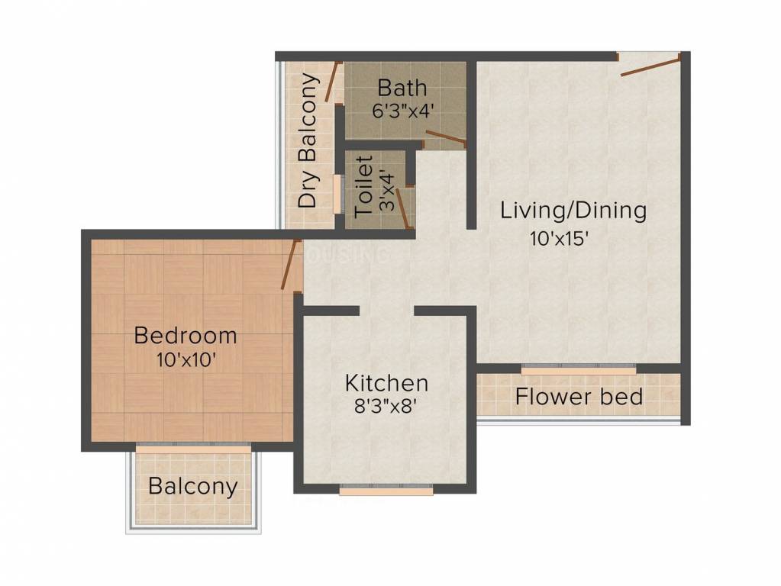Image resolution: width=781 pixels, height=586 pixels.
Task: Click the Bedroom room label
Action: (186, 336)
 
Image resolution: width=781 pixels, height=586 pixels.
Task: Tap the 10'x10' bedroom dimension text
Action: (186, 359)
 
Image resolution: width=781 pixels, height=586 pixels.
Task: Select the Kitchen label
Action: (386, 383)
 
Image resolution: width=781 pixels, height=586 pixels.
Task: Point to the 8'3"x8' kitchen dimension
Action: (385, 407)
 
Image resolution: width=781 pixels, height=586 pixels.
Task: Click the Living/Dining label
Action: (573, 211)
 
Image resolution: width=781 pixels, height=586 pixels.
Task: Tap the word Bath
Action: (402, 88)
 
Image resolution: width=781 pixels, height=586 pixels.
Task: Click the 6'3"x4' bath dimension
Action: (401, 111)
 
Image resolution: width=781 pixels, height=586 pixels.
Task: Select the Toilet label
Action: (364, 187)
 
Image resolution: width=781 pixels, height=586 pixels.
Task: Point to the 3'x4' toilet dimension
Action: (387, 192)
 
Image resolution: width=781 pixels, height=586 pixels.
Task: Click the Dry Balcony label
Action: (308, 140)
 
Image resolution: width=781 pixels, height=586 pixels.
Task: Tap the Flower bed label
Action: (579, 397)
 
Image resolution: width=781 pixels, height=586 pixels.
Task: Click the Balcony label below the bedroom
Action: (192, 486)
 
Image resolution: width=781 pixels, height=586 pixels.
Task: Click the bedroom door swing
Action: (292, 264)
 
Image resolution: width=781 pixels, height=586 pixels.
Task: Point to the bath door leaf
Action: (446, 137)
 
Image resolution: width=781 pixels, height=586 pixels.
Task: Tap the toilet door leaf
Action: (405, 208)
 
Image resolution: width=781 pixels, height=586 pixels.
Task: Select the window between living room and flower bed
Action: (579, 369)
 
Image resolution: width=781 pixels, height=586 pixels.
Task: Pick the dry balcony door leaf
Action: (333, 82)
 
